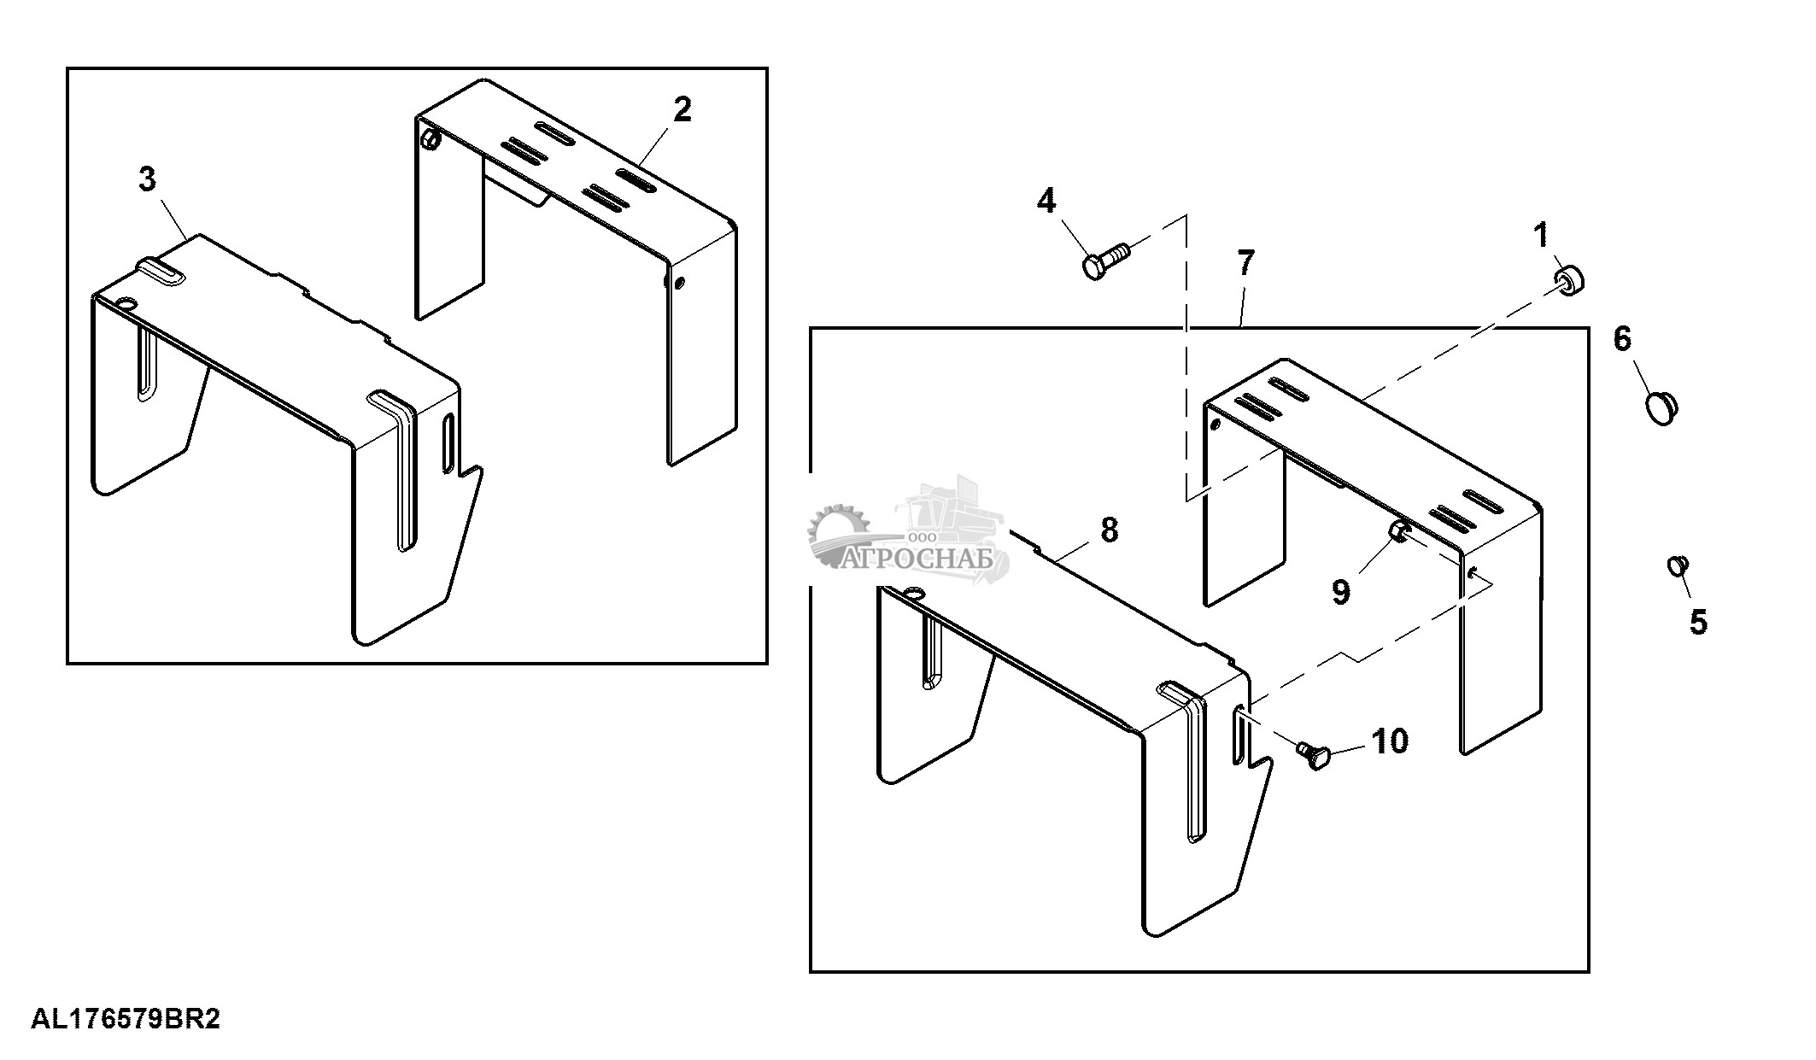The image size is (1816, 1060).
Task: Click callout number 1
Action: point(1542,236)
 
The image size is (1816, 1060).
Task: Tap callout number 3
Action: point(148,180)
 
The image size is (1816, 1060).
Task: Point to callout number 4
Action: point(1046,202)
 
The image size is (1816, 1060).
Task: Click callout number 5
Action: point(1698,622)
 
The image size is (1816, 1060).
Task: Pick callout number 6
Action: point(1622,339)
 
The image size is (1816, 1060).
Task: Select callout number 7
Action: point(1245,264)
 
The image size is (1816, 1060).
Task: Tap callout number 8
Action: point(1109,530)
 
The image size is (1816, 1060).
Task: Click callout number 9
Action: point(1341,592)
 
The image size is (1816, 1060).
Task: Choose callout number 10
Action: point(1390,741)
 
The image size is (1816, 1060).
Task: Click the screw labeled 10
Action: point(1312,753)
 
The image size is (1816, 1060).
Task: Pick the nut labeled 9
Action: point(1400,532)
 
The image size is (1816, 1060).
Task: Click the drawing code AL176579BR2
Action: point(126,1019)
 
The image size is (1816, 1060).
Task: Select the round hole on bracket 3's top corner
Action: point(126,303)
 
